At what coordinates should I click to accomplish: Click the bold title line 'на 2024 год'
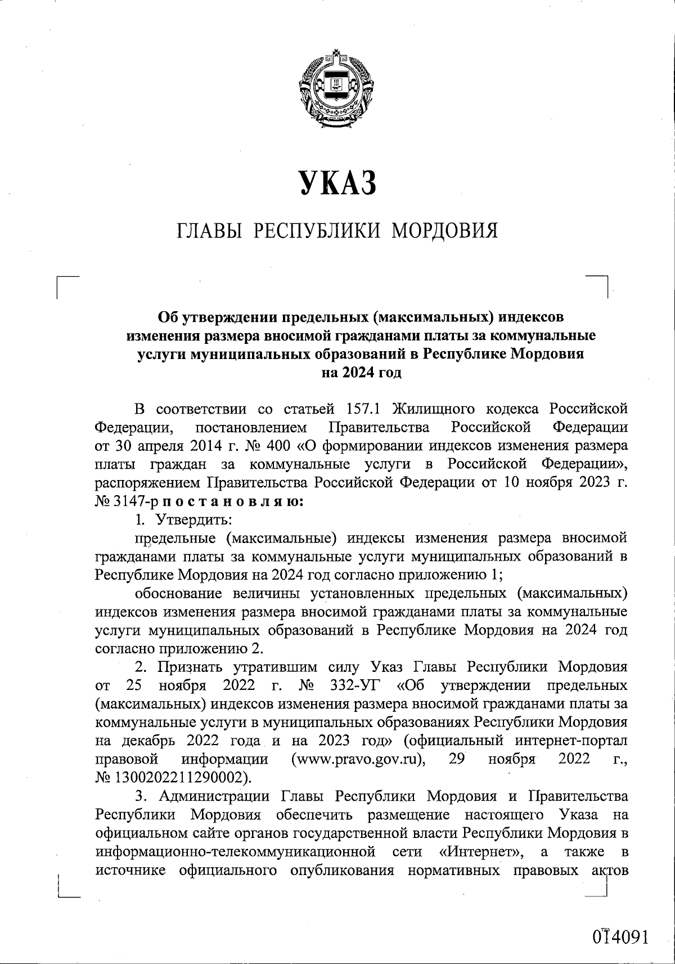pos(361,373)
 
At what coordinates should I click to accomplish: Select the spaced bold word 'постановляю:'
pos(232,501)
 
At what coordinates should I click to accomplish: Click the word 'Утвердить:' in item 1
pos(195,519)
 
